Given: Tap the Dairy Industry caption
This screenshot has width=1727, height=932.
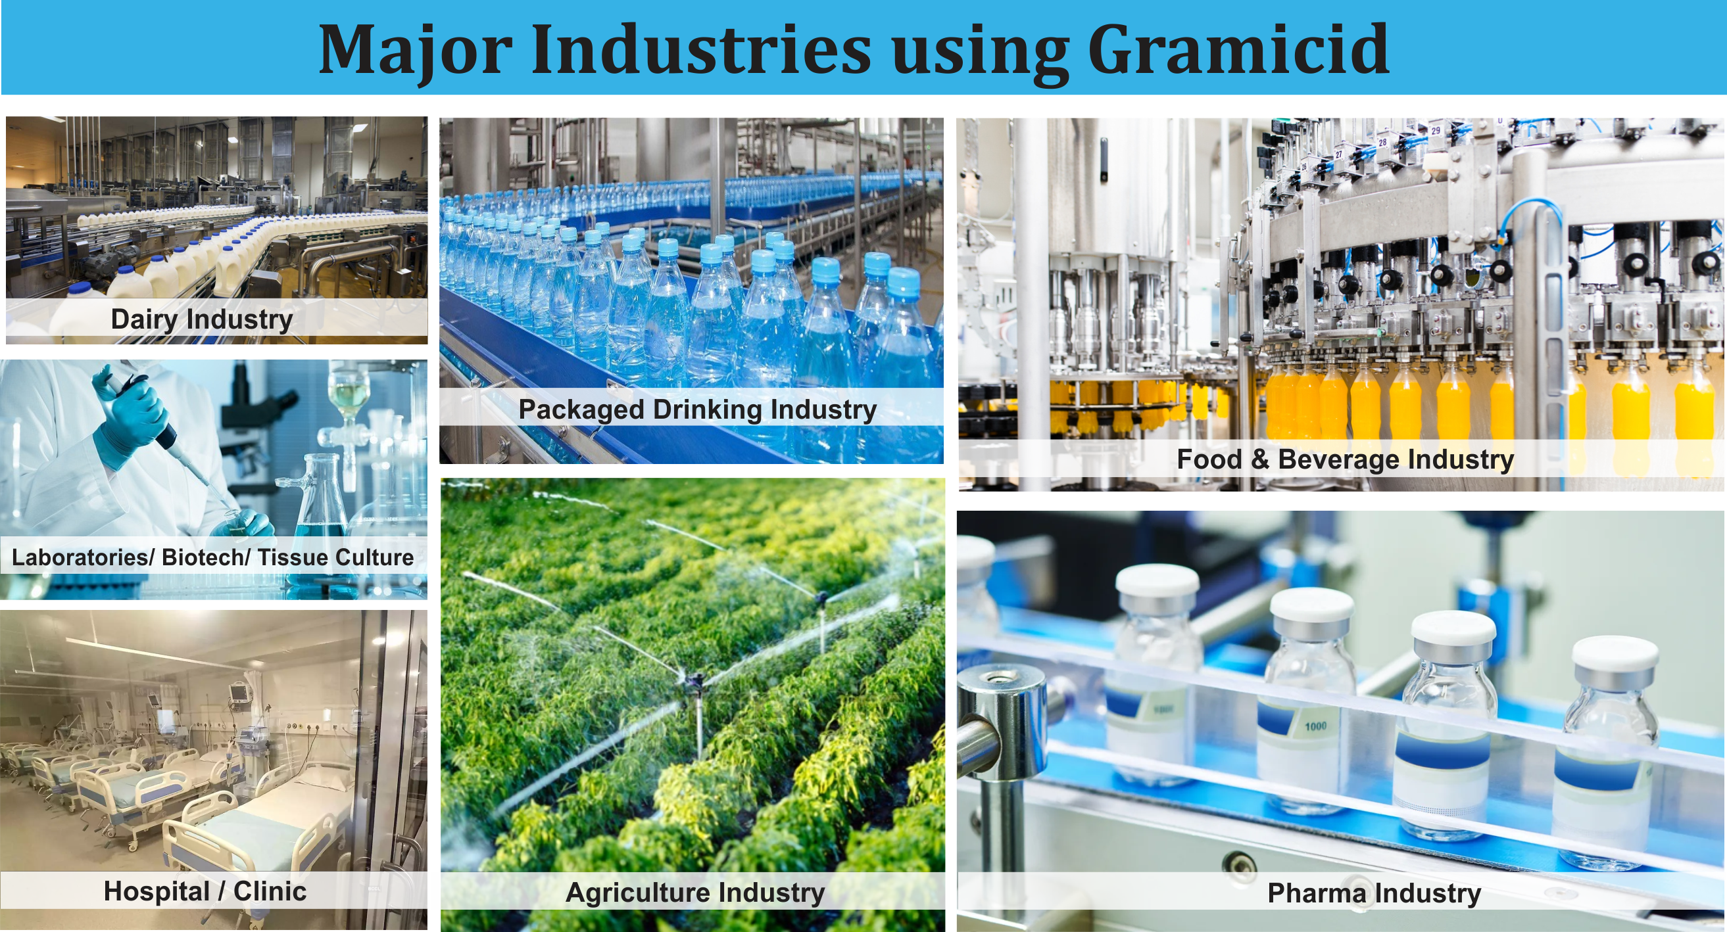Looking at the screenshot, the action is [202, 319].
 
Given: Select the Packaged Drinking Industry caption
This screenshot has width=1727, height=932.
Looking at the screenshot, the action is [697, 409].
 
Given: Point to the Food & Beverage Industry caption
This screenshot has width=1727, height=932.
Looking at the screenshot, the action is [1345, 459].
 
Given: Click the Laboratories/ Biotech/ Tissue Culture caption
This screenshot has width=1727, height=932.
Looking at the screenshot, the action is [212, 557].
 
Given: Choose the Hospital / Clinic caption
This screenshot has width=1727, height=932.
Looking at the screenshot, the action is [205, 891].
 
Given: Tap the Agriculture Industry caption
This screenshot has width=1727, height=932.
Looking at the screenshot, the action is [695, 893].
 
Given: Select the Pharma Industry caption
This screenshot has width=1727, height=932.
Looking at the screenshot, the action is [1374, 893].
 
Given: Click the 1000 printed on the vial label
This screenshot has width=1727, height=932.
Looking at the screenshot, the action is [1315, 726].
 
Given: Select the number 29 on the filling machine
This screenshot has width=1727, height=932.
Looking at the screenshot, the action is [1436, 131].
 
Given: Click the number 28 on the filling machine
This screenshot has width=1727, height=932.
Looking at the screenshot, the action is [1382, 142].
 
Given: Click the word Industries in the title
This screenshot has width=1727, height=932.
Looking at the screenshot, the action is [701, 49].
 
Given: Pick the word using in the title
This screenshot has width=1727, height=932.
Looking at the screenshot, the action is [979, 57].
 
